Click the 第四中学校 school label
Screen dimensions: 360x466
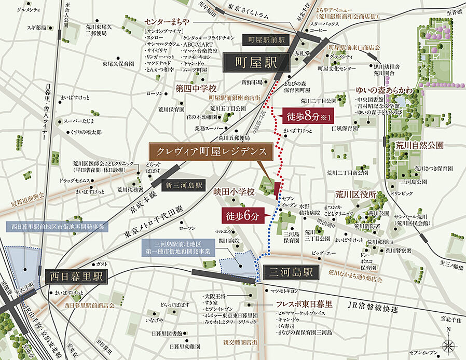195,89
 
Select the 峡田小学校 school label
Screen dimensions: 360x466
235,192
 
